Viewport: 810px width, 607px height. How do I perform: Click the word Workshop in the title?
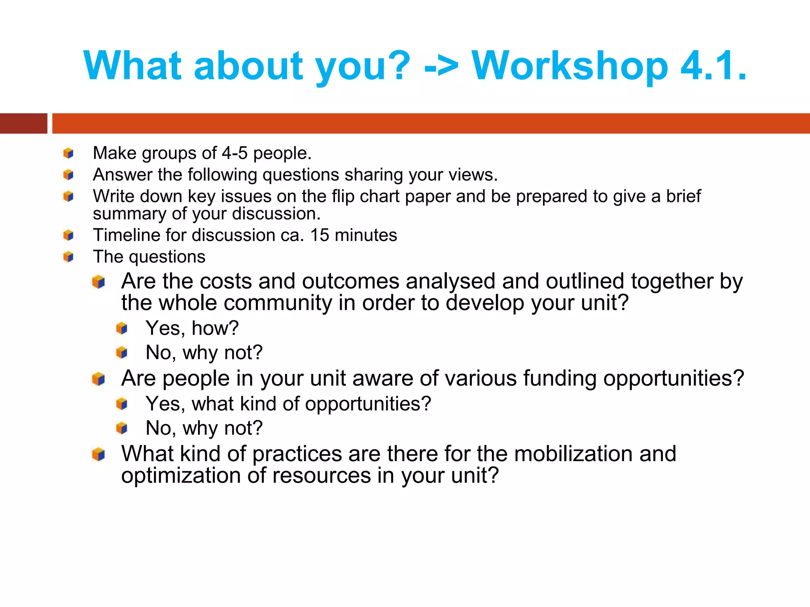[x=570, y=66]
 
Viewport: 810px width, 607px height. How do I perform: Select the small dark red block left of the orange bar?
[x=23, y=123]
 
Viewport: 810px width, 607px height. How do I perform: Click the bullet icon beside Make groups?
[x=68, y=153]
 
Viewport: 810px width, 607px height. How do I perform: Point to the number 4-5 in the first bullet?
[x=234, y=153]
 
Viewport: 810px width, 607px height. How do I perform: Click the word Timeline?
[x=127, y=236]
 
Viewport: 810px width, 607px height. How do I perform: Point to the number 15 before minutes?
[x=320, y=236]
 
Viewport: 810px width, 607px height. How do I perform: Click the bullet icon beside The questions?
[x=68, y=257]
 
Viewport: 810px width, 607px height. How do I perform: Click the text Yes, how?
[x=192, y=328]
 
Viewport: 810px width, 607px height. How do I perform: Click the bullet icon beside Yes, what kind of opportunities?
[x=122, y=404]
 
